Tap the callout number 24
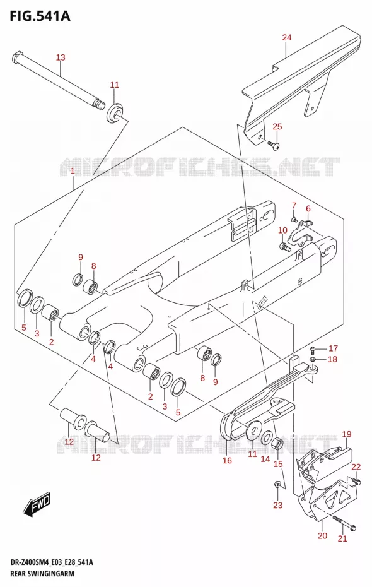(x=287, y=37)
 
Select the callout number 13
(x=61, y=57)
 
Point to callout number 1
(x=73, y=172)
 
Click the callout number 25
(x=277, y=126)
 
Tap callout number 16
(x=228, y=461)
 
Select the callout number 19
(x=347, y=434)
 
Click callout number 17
(x=333, y=348)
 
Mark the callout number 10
(x=282, y=230)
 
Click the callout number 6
(x=308, y=208)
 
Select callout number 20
(x=322, y=536)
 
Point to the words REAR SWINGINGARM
(x=39, y=574)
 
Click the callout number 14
(x=265, y=459)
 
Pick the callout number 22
(x=356, y=466)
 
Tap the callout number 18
(x=332, y=359)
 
